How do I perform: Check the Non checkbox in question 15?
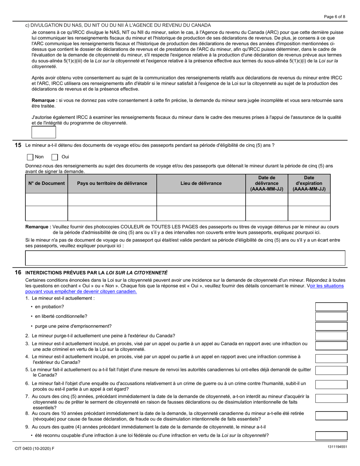click(x=30, y=157)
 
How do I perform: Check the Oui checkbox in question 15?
click(x=55, y=157)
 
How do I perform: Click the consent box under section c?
click(x=44, y=132)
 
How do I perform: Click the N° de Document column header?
click(x=47, y=183)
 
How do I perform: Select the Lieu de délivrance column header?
click(x=201, y=183)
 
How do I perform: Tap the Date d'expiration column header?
click(x=309, y=183)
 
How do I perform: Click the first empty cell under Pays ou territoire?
click(x=112, y=200)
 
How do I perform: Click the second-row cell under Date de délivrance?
click(x=266, y=213)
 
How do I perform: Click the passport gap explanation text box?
click(x=185, y=258)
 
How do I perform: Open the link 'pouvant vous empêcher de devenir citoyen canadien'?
click(x=81, y=291)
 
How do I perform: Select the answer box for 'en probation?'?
click(x=331, y=307)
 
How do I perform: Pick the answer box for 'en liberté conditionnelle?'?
click(x=331, y=316)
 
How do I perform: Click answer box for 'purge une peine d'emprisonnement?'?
click(x=331, y=326)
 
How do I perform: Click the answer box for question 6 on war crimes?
click(x=331, y=385)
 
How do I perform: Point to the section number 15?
click(x=18, y=145)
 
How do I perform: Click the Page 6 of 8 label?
click(x=334, y=17)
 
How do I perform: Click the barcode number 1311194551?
click(x=337, y=447)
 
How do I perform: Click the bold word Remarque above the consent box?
click(x=44, y=100)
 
